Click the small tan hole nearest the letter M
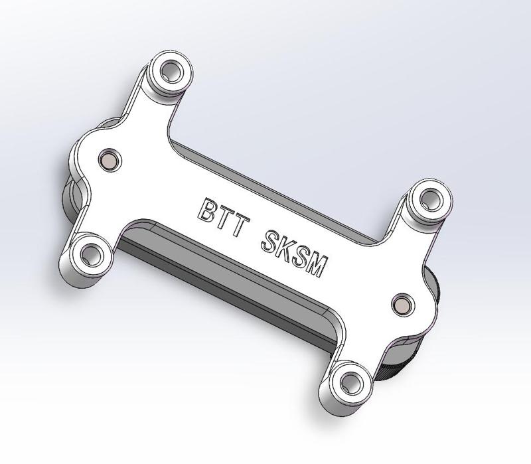(x=402, y=303)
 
